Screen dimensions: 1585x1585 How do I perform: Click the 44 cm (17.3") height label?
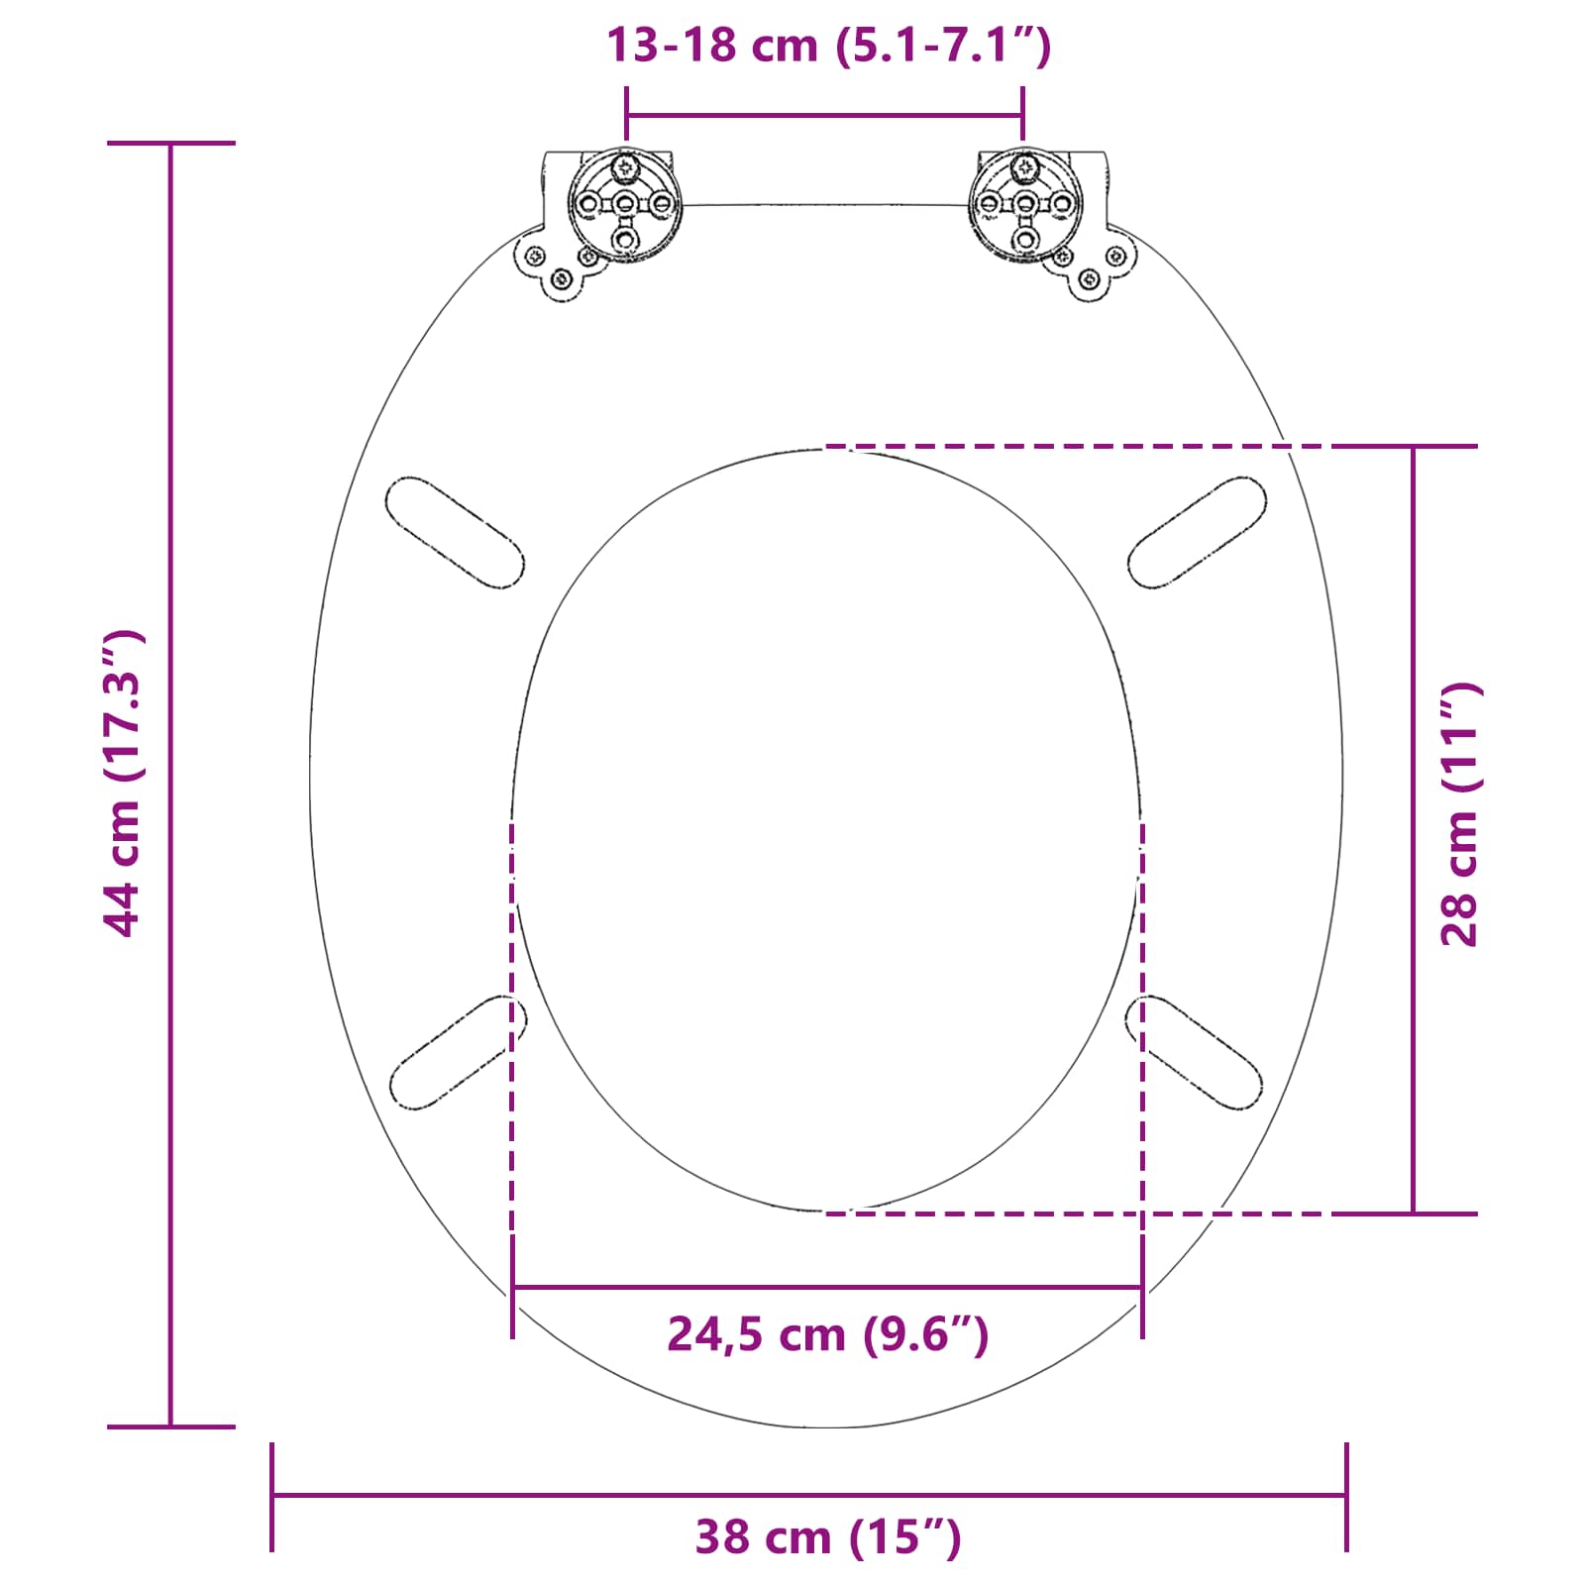point(125,783)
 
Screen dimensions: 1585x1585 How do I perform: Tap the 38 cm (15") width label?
point(827,1537)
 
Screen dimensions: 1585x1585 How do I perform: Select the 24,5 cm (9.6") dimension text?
point(827,1334)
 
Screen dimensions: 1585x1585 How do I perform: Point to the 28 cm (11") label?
point(1459,814)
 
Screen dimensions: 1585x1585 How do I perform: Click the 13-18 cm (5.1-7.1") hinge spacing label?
point(827,46)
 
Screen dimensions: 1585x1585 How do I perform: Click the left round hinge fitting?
point(624,206)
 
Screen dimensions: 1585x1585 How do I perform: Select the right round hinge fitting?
point(1025,206)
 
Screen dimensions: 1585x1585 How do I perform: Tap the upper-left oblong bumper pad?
point(455,533)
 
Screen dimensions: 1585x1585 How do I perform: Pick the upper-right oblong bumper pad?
point(1197,533)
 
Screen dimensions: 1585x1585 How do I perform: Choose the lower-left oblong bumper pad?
point(458,1052)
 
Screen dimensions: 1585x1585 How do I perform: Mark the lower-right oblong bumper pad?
point(1195,1052)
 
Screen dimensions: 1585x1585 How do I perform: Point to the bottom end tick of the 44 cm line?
point(170,1426)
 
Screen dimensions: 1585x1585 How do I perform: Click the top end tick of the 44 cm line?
point(170,144)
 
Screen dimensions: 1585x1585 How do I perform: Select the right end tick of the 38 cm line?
point(1346,1496)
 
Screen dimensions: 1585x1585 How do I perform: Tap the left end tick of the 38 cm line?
point(272,1496)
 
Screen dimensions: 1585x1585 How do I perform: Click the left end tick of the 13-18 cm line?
point(626,114)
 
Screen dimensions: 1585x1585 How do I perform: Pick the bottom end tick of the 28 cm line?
point(1414,1213)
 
